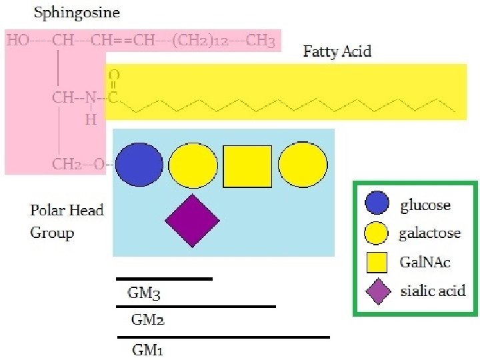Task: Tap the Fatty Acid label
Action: tap(337, 51)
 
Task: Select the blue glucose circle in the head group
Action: tap(139, 164)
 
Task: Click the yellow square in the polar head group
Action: tap(247, 166)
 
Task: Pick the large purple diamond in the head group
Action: tap(192, 221)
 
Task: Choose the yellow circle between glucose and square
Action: tap(193, 165)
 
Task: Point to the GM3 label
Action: tap(144, 292)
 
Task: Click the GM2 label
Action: tap(147, 320)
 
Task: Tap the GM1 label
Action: tap(147, 349)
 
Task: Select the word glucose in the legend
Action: tap(425, 205)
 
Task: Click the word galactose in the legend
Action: tap(430, 233)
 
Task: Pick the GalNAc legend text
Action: tap(425, 262)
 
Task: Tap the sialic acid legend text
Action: tap(433, 291)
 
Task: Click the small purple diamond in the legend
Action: tap(378, 291)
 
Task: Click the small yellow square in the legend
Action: tap(378, 263)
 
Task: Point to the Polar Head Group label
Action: tap(67, 221)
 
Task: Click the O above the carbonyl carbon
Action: tap(114, 76)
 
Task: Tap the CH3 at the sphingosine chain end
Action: tap(260, 41)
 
